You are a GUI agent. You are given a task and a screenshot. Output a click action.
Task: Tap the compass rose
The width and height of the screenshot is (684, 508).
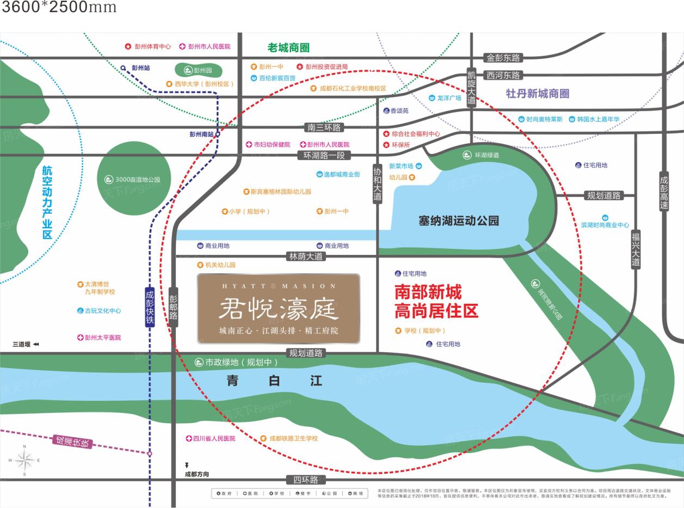point(24,461)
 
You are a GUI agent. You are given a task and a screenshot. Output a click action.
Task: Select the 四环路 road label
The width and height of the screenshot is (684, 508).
point(306,480)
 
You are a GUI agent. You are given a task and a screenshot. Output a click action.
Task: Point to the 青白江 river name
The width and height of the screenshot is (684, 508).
point(274,381)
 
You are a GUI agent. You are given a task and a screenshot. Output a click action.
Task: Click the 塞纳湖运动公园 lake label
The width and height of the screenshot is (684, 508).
point(459,221)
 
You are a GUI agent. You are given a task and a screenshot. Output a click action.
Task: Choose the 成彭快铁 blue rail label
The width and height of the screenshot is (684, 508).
point(150,307)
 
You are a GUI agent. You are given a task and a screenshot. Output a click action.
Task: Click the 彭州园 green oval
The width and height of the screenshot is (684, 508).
point(198,70)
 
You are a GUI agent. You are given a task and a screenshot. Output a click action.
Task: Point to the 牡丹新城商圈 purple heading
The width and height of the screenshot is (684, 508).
point(537,93)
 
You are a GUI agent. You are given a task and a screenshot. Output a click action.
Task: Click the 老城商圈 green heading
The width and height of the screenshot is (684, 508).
point(288,48)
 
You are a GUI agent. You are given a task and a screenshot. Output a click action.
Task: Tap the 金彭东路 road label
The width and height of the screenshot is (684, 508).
point(503,58)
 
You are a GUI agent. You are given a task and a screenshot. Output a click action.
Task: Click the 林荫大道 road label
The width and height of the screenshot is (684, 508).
point(305,256)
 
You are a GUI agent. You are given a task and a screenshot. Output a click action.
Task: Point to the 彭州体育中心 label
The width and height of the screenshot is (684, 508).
point(147,47)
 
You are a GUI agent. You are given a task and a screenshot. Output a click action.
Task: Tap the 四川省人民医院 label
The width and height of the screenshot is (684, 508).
point(210,438)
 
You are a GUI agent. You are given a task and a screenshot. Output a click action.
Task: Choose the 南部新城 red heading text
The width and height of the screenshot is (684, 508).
point(428,292)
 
